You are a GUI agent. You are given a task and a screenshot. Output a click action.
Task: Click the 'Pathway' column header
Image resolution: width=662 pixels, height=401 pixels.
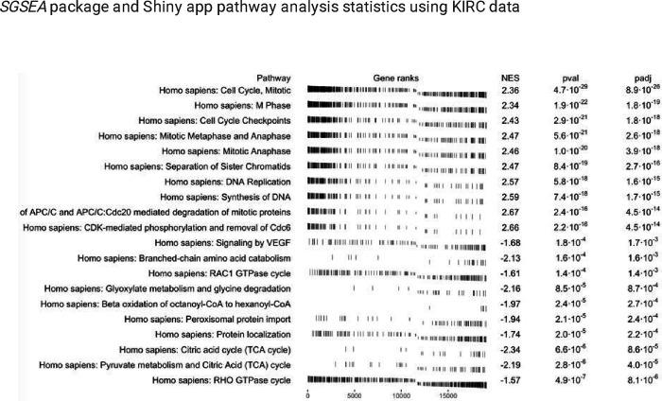coord(273,78)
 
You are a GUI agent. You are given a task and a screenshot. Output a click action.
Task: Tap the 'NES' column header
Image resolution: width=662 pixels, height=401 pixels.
coord(510,78)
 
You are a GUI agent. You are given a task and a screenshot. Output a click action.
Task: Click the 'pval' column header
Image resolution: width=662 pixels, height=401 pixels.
coord(569,78)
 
